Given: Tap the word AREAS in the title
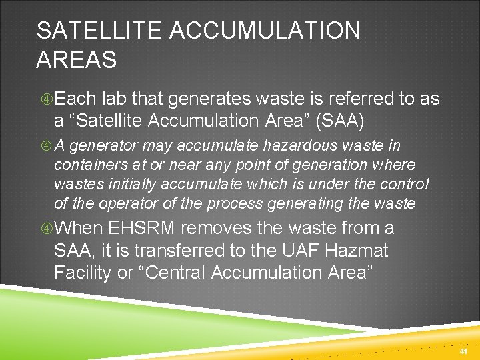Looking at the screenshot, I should point(77,60).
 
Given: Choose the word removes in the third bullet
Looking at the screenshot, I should point(217,228).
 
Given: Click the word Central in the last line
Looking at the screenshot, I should point(169,273).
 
